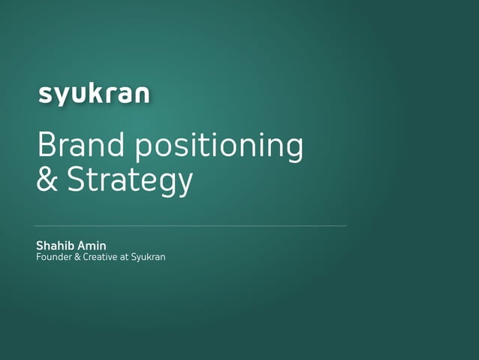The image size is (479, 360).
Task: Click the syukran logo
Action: pos(94,95)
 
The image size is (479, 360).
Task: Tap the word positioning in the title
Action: pos(221,147)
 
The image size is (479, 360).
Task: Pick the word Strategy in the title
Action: pos(130,182)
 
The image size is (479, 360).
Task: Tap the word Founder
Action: pos(54,258)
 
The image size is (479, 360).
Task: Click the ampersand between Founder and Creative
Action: pos(78,258)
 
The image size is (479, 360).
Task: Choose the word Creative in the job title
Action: pos(101,258)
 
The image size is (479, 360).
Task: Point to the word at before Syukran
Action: pos(125,258)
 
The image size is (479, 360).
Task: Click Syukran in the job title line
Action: pos(148,258)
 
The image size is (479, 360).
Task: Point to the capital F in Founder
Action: pos(39,258)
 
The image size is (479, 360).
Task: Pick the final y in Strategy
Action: pos(184,185)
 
